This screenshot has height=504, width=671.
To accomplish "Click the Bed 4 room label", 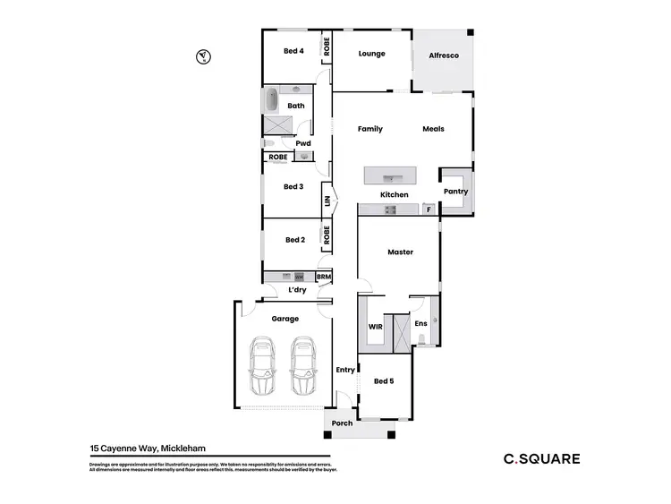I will coord(293,51).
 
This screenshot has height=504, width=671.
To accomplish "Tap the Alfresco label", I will coord(444,56).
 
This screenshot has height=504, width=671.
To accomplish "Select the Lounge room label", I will coord(371,54).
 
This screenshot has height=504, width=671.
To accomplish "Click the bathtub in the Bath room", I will coord(272,100).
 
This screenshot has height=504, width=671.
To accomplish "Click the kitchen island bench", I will coord(390,175).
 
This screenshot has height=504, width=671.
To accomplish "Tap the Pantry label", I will coord(454,192).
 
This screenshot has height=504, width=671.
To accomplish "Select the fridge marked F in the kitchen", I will coord(429,210).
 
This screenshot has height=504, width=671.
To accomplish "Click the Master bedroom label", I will coord(400,252).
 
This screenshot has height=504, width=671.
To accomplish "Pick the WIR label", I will coord(376,327).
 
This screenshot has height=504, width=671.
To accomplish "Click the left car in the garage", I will coord(263,365).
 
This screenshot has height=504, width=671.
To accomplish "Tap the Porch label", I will coord(342,423).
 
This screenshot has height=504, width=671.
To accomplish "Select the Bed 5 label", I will coord(384,381).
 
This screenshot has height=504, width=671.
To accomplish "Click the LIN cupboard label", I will coord(327,202).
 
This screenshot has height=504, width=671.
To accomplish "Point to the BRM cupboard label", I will coord(324,278).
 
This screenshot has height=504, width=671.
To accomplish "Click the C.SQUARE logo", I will coord(540,459).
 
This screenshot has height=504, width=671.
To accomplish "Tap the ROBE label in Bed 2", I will coord(327,235).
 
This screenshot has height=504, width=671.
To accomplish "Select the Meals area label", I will coord(433,129).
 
